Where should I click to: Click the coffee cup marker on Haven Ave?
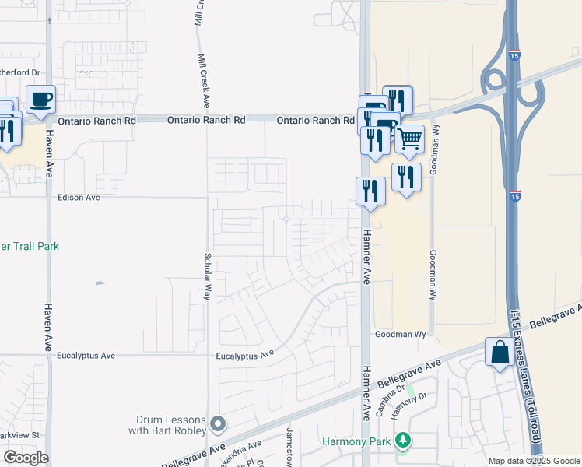click(40, 100)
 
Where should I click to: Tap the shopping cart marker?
click(409, 139)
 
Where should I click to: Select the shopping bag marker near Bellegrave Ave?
click(500, 352)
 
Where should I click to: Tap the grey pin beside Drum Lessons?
click(218, 425)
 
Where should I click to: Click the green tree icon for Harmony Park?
click(402, 441)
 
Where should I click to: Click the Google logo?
click(26, 457)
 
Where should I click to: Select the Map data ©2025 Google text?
click(533, 461)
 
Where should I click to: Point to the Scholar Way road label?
click(208, 276)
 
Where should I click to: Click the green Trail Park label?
click(30, 247)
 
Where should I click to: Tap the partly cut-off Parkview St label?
click(19, 434)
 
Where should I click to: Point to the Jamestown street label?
click(289, 447)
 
